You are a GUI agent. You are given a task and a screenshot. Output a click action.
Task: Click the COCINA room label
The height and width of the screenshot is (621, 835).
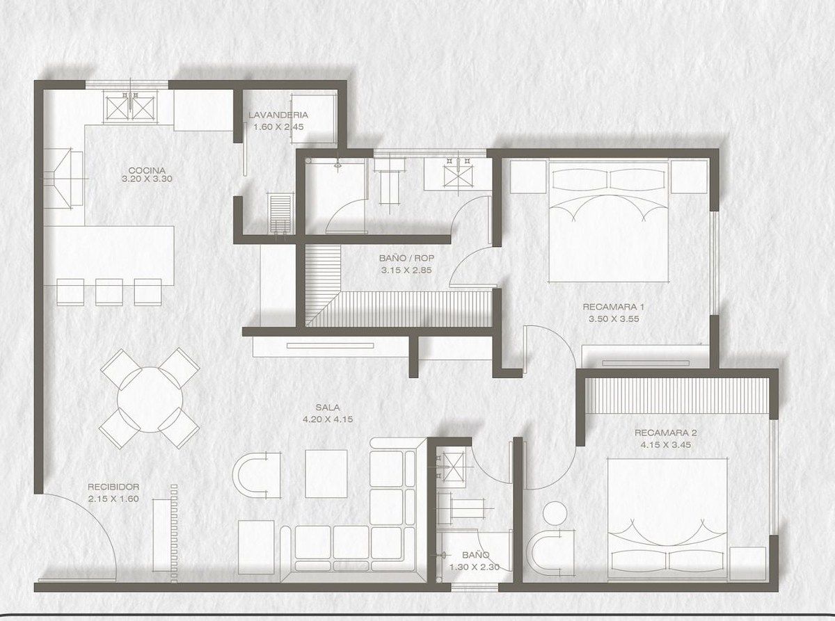point(147,170)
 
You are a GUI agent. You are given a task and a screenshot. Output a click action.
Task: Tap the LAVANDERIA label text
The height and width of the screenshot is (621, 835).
point(278,115)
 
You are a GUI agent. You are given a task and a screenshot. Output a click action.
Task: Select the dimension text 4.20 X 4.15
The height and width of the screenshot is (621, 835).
point(328,419)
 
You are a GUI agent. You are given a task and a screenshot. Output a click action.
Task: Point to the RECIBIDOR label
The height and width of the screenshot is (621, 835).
point(113,487)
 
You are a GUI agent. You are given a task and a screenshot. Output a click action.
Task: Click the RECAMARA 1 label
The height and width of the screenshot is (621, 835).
point(613,307)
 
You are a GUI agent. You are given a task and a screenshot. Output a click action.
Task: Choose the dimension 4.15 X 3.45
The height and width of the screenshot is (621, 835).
point(666,444)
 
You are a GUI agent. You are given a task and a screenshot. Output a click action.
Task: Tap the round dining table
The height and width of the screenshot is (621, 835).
point(150,400)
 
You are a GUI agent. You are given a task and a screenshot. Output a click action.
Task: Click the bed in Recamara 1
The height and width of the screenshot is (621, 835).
point(608,222)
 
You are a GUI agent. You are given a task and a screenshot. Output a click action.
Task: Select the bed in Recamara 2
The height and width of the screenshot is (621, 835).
point(667,519)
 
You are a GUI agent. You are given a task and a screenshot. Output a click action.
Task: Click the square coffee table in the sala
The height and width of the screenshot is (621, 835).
point(326,474)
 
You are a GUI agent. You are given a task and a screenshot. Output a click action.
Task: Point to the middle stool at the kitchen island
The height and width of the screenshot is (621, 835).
point(109,292)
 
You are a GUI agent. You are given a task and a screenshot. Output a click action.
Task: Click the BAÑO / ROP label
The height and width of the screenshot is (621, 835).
point(406,258)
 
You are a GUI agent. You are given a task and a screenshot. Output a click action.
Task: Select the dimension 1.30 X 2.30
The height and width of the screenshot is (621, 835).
point(475,567)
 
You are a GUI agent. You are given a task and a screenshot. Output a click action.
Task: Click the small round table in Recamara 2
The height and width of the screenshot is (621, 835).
point(555,513)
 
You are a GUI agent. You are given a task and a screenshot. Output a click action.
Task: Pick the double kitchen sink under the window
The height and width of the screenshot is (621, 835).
point(130,108)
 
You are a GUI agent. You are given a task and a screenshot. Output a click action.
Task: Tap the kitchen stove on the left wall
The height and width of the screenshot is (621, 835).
point(63,179)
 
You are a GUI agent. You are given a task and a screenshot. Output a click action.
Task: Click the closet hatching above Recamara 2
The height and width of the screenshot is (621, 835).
point(676,395)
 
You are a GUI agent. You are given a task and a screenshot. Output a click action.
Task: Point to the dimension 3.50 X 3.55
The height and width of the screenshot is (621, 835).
point(614,318)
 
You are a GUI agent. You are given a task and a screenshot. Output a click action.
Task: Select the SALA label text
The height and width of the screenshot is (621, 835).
point(328,407)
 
